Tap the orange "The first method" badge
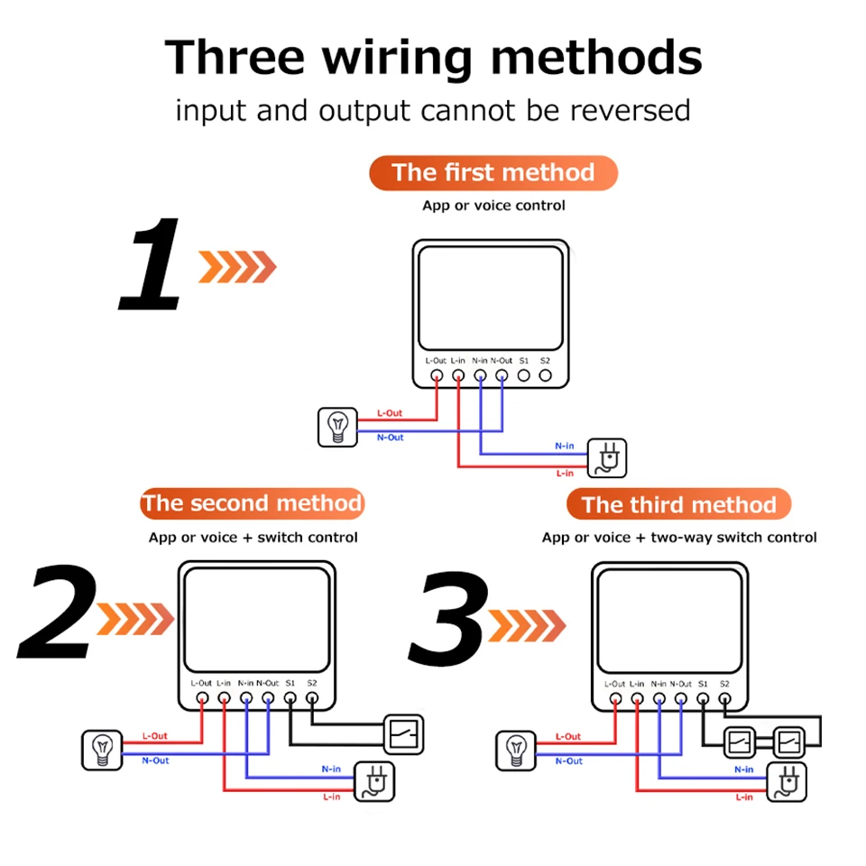(493, 173)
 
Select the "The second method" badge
(252, 503)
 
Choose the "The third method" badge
(678, 504)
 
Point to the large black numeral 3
(448, 618)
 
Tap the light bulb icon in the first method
(337, 427)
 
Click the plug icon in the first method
(607, 458)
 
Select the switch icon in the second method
(404, 734)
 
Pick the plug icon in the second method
(373, 781)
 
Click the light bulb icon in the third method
(516, 751)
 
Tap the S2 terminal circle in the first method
(545, 375)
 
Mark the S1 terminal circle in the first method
(523, 375)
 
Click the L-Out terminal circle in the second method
(203, 698)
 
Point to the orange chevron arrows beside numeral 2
(135, 619)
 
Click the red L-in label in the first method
(565, 474)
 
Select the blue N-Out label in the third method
(569, 761)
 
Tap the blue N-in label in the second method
(331, 769)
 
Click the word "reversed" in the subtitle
(631, 110)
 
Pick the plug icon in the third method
(787, 782)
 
